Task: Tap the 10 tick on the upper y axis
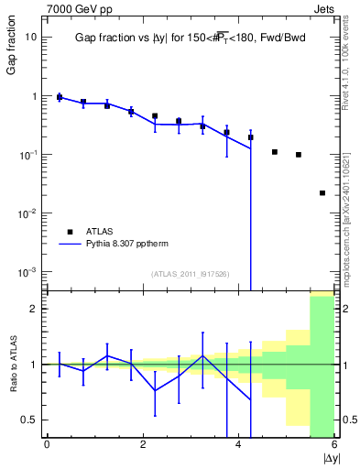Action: point(31,38)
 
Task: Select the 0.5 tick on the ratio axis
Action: point(29,420)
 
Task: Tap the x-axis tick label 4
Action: point(239,444)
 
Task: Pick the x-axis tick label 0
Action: point(47,444)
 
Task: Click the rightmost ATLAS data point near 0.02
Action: point(322,193)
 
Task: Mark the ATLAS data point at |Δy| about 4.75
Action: point(275,152)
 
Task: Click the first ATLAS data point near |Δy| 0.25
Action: point(60,97)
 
